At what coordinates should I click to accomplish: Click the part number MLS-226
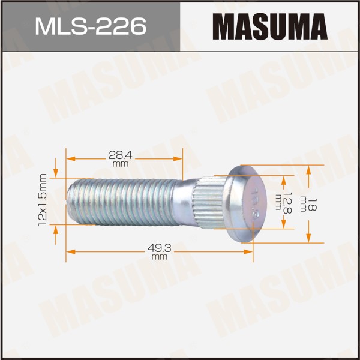91,26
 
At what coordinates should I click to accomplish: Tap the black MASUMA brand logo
270,26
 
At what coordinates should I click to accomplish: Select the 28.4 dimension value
121,155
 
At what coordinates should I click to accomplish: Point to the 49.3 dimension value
160,248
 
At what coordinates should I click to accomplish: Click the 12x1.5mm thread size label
43,200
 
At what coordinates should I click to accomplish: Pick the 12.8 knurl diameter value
287,203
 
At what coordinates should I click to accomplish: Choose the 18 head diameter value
313,205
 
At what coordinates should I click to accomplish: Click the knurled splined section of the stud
209,203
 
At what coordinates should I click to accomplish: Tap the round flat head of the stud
246,203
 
